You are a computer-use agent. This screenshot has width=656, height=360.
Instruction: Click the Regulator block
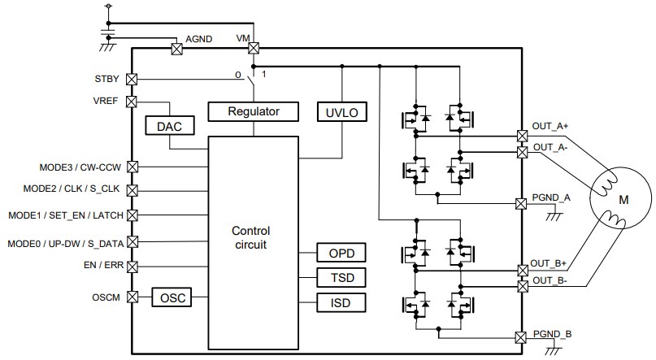[x=254, y=111]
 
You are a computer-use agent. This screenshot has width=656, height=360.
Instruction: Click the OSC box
[x=172, y=298]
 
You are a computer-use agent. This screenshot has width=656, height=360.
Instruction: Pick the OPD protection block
[x=341, y=253]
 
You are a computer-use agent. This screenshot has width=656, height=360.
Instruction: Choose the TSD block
[x=341, y=278]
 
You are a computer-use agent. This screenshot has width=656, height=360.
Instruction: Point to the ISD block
[x=341, y=303]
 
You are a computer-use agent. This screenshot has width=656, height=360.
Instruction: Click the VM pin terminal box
[x=254, y=48]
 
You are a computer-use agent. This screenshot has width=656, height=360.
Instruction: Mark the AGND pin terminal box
[x=176, y=49]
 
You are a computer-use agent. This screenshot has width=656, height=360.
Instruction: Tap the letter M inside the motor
[x=623, y=200]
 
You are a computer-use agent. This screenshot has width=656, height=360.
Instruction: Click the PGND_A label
[x=551, y=197]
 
